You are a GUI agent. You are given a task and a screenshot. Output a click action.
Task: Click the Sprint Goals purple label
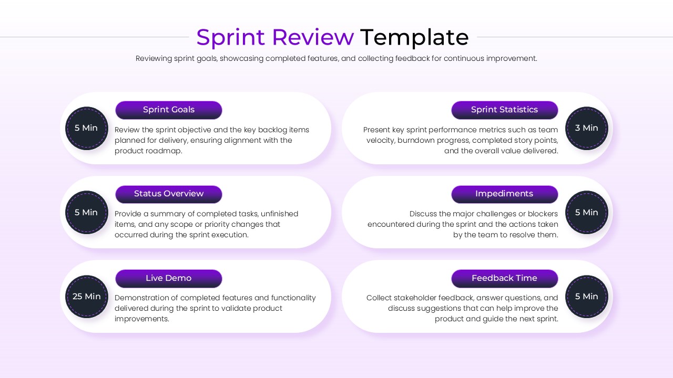click(169, 110)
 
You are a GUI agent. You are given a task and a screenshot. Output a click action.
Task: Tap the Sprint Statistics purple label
click(504, 110)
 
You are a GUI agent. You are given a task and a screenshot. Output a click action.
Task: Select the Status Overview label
click(169, 194)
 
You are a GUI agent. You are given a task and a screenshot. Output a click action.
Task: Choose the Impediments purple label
click(504, 194)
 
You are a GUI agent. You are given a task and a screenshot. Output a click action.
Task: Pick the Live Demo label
click(169, 278)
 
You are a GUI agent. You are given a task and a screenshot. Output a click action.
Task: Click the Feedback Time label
click(504, 278)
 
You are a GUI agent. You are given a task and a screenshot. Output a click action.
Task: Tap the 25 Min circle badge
click(87, 297)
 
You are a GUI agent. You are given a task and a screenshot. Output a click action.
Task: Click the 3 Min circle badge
click(586, 128)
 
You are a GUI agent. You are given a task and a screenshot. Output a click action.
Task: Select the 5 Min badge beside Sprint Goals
click(87, 128)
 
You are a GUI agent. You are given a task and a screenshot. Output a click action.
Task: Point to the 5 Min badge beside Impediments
click(586, 213)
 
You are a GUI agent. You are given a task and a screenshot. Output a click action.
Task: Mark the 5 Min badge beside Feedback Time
click(586, 297)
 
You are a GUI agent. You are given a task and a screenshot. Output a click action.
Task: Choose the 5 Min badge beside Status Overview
click(87, 213)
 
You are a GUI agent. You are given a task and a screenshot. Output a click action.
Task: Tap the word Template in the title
click(414, 38)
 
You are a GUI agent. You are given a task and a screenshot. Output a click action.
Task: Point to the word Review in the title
click(313, 38)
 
